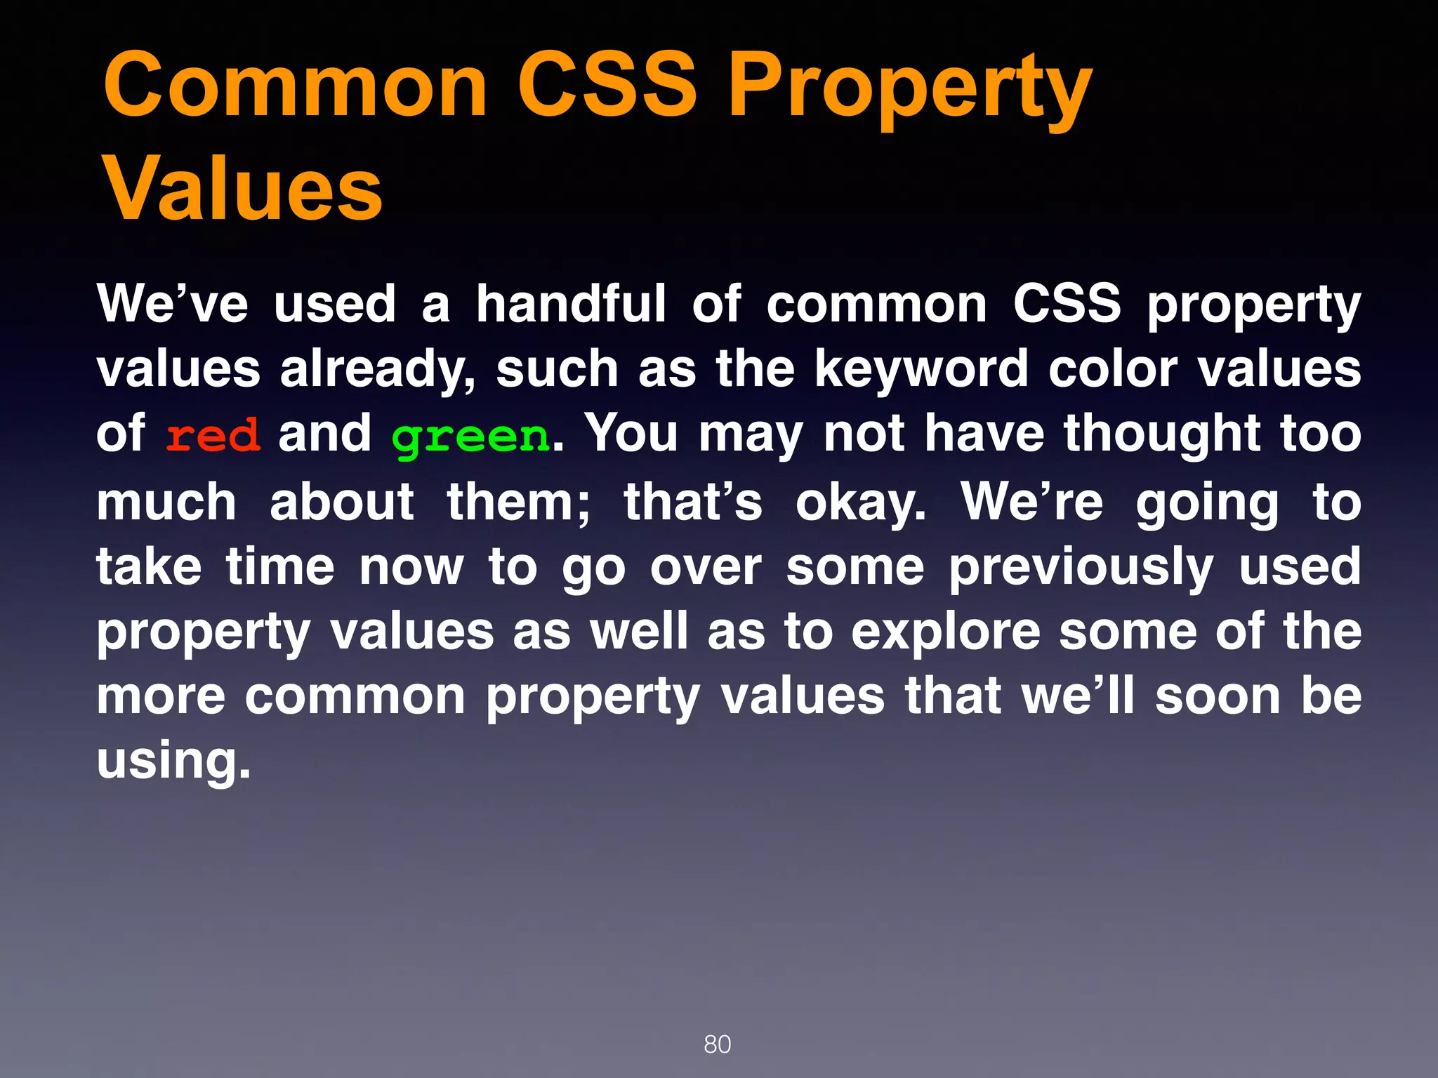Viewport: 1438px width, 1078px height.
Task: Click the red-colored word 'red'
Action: (x=213, y=436)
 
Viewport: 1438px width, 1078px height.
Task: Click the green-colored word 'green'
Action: (x=470, y=437)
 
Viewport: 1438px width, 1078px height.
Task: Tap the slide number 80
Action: (x=717, y=1044)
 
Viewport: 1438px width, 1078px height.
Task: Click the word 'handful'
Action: (x=571, y=304)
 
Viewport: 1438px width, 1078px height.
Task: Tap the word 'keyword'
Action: (x=921, y=369)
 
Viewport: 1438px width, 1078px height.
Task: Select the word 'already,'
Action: (x=378, y=369)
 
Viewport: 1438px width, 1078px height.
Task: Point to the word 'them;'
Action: (x=519, y=502)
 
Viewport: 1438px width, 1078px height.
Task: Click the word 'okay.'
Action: (x=861, y=503)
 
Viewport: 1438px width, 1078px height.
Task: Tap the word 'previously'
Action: (x=1081, y=568)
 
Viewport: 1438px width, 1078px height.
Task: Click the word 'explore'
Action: (x=946, y=632)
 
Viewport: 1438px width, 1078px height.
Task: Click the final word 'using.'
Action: (x=173, y=761)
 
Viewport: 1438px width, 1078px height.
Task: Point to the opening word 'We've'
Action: (x=173, y=304)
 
